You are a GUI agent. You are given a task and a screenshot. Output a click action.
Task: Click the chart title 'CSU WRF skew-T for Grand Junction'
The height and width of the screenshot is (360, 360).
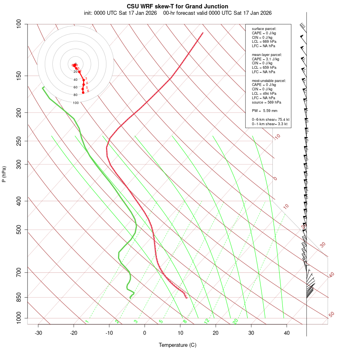[x=178, y=6]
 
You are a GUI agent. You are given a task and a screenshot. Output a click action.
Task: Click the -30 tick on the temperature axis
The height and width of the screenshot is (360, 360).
[x=38, y=333]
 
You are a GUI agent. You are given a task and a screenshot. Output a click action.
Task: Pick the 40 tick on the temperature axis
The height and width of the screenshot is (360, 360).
[x=287, y=333]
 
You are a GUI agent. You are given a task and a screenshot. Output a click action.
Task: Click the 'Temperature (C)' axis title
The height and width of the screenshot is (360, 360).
[x=178, y=345]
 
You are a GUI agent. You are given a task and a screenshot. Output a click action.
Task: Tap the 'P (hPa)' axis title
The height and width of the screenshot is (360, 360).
[x=4, y=174]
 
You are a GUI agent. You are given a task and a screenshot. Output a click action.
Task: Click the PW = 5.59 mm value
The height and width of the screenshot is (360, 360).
[x=264, y=111]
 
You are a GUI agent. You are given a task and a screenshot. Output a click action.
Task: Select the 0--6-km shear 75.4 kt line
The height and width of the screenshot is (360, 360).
[x=270, y=120]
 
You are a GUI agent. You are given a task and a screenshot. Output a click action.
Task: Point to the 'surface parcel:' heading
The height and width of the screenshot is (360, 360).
[x=264, y=29]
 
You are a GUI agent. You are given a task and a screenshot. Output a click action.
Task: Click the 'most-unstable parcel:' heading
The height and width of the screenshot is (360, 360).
[x=269, y=81]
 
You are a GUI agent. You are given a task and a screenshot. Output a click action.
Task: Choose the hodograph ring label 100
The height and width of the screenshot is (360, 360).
[x=76, y=103]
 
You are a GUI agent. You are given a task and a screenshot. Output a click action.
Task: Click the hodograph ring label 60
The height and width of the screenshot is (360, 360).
[x=75, y=87]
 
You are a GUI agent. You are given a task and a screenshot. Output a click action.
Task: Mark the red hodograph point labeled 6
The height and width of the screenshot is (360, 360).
[x=83, y=92]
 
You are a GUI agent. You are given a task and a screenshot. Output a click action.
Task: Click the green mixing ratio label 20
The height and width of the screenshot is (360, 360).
[x=235, y=321]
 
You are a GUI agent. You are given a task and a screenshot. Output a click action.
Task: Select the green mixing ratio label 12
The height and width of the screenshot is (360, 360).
[x=207, y=321]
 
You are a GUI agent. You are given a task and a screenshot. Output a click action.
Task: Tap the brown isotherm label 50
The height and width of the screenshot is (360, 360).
[x=331, y=315]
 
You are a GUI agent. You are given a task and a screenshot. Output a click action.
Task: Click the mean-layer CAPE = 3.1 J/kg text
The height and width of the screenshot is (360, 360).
[x=266, y=59]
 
